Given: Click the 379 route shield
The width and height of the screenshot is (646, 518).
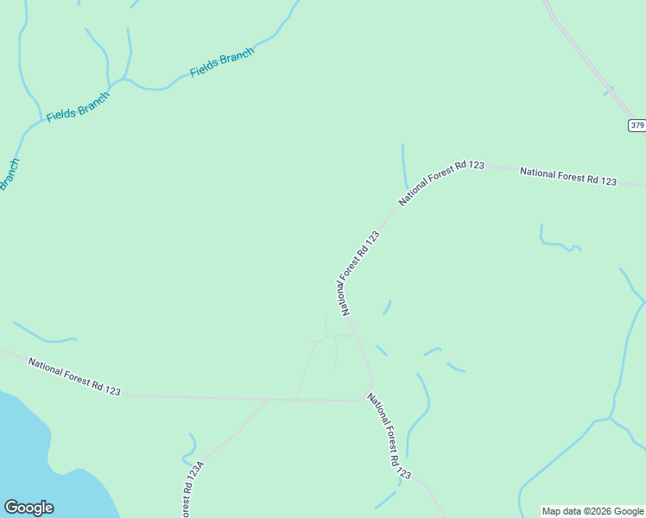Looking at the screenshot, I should tap(636, 125).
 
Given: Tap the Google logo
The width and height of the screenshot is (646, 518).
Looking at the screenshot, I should tap(28, 508).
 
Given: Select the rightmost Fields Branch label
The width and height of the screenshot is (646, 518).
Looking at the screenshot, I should tap(222, 63).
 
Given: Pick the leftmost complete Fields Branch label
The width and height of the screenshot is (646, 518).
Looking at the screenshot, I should tap(78, 106).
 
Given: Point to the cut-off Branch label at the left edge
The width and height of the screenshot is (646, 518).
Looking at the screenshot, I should tap(9, 174).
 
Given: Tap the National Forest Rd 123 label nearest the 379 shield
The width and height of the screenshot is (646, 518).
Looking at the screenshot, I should tap(568, 176).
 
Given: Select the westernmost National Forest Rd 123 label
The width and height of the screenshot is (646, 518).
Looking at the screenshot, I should tap(74, 376).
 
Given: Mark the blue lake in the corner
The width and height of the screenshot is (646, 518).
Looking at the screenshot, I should tap(43, 458).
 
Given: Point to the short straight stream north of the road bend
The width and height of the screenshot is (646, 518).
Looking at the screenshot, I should tap(403, 164).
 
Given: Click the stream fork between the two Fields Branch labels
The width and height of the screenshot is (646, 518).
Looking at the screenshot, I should tap(125, 80).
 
